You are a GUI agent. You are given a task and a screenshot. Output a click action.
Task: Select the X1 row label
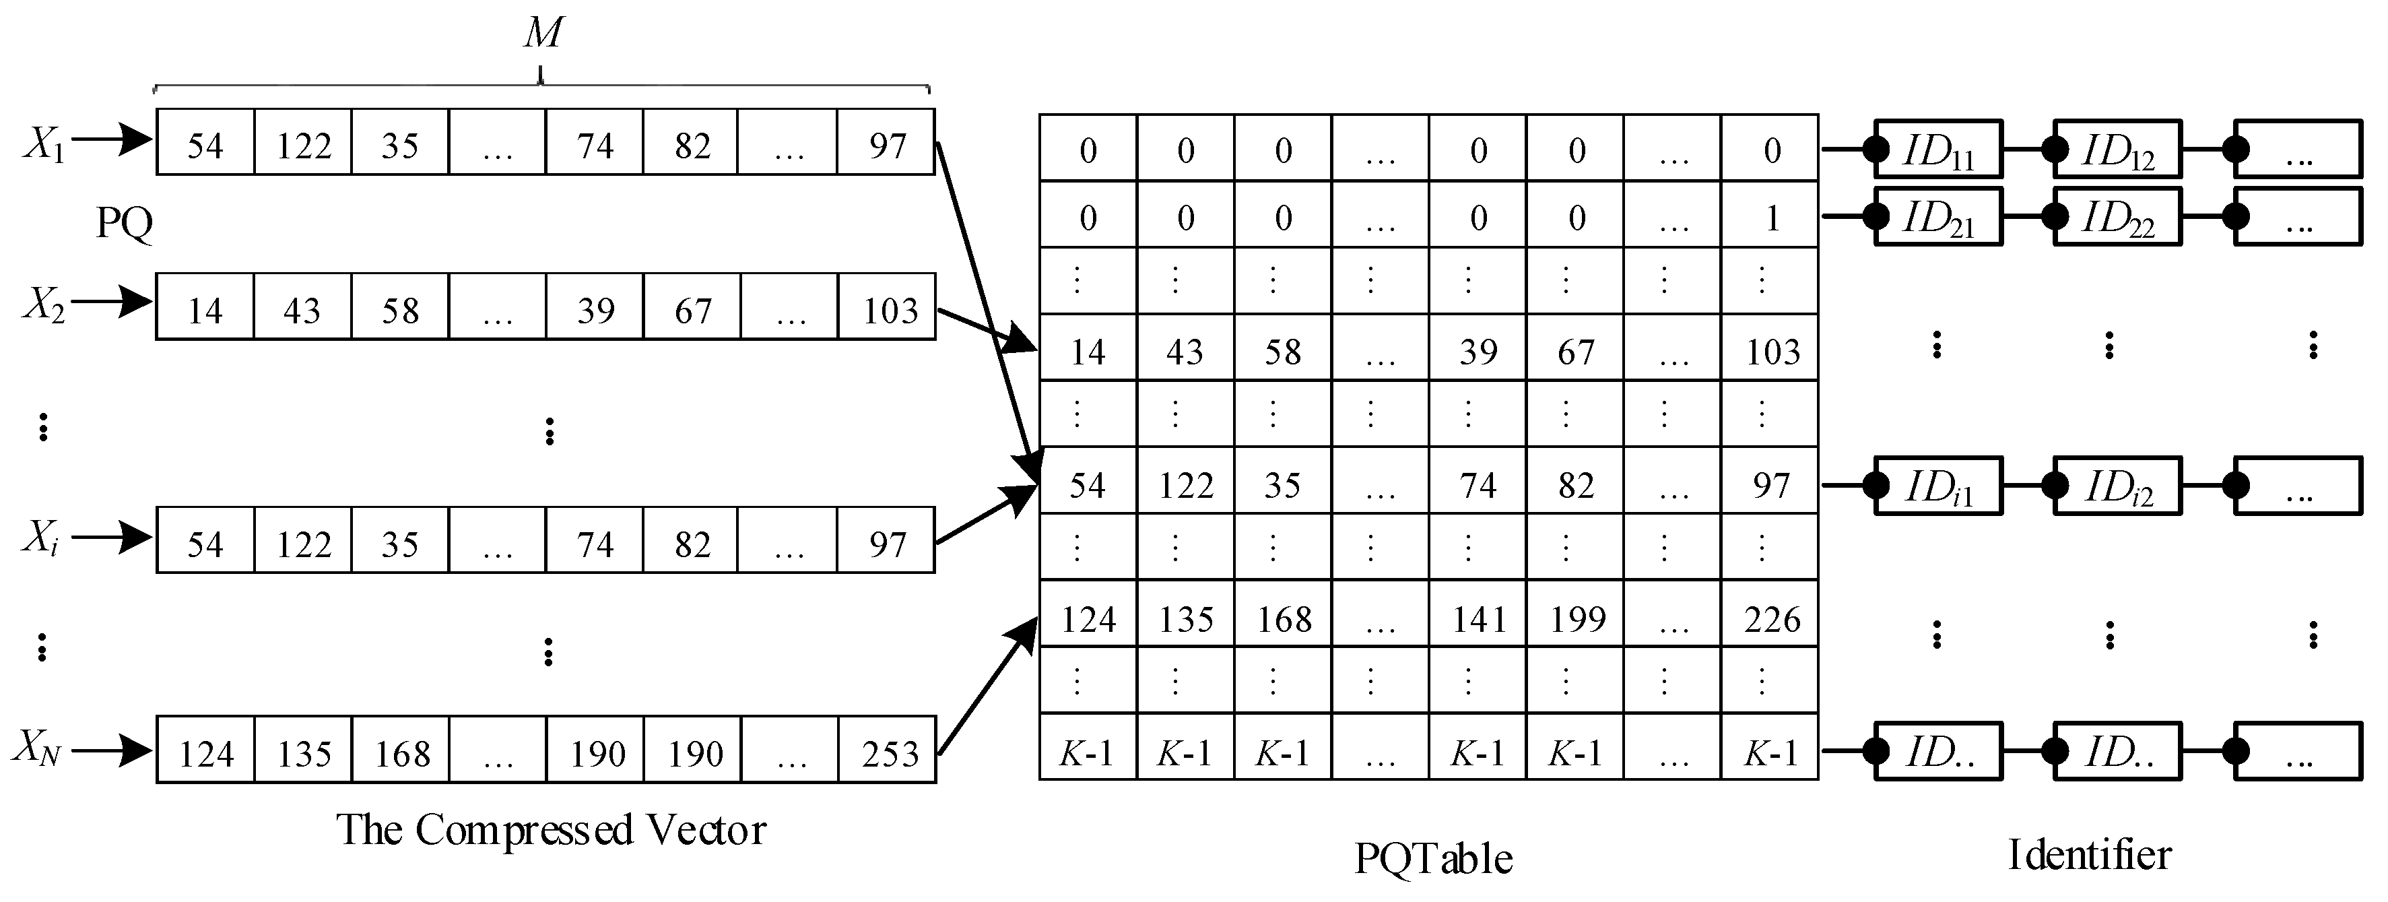44,143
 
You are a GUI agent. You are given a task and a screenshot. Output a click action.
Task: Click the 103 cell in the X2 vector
888,309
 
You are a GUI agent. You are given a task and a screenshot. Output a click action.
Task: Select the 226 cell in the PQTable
1770,618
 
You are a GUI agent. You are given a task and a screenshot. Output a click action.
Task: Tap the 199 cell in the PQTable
1576,618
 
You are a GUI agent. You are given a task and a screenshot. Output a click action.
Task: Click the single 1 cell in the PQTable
1770,217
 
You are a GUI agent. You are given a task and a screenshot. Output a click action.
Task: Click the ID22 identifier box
2117,217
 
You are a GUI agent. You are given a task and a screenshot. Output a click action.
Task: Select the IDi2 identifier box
2117,486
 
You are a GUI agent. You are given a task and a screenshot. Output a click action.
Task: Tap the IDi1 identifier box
1937,486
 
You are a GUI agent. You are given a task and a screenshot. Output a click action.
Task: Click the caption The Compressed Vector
551,830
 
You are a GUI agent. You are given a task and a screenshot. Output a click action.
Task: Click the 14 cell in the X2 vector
205,309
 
